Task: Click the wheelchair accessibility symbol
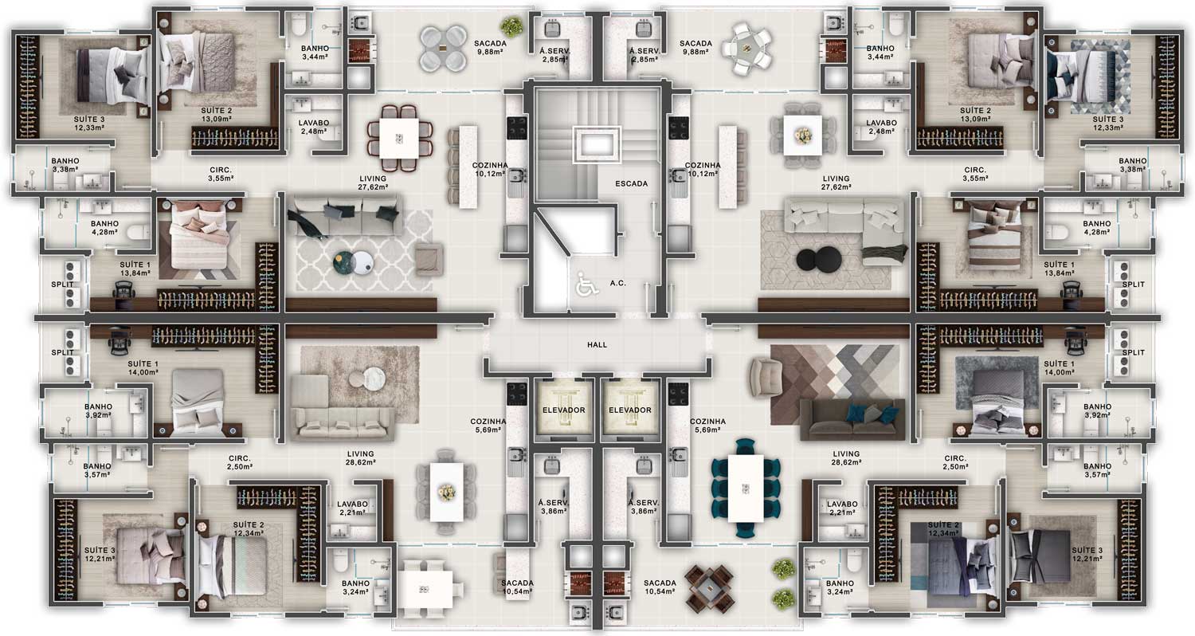tap(587, 283)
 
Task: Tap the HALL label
tap(597, 345)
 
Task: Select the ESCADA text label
tap(631, 183)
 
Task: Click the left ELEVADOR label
tap(564, 410)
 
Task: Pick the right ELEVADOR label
tap(630, 410)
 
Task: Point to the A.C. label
tap(617, 283)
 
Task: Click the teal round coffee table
tap(344, 261)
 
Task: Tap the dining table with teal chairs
tap(745, 489)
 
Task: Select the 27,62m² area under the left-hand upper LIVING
tap(373, 187)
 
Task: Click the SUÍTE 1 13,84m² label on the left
tap(135, 269)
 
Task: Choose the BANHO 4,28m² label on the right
tap(1097, 228)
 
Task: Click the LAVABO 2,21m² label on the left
tap(352, 508)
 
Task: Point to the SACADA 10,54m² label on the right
tap(660, 587)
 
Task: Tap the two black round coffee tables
tap(819, 261)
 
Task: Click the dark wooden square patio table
tap(709, 588)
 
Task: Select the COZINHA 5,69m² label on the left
tap(488, 426)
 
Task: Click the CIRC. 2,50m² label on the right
tap(955, 462)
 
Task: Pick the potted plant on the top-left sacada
tap(511, 26)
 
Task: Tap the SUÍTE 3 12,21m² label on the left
tap(100, 555)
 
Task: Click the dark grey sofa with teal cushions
tap(852, 420)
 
